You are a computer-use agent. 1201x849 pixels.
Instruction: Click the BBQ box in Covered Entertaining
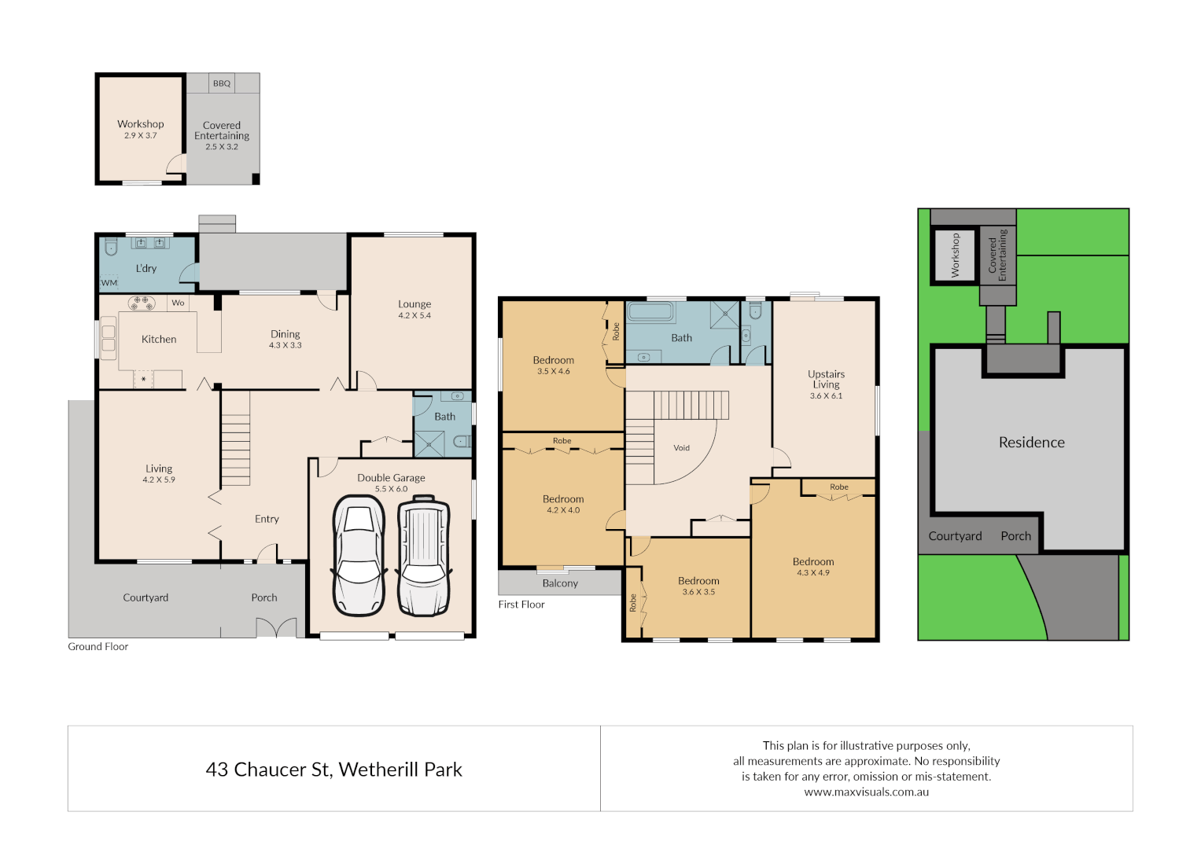click(222, 83)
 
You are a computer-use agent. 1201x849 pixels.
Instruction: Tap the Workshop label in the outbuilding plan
click(141, 124)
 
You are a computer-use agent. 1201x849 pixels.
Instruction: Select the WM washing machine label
click(109, 283)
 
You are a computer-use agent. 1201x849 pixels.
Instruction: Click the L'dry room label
click(146, 269)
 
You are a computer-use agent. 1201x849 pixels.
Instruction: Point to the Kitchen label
click(159, 340)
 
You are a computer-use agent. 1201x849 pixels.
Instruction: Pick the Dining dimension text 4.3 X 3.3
click(286, 345)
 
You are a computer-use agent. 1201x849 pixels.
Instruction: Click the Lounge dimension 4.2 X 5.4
click(414, 315)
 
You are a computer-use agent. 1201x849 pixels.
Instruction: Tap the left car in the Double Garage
click(359, 556)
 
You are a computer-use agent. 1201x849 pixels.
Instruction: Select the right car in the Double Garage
click(423, 556)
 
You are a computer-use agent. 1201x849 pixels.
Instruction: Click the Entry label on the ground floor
click(267, 519)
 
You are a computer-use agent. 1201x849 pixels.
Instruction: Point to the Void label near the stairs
click(681, 448)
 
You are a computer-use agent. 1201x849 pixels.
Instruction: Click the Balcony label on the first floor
click(560, 583)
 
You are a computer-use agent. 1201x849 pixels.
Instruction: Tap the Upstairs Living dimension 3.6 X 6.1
click(826, 396)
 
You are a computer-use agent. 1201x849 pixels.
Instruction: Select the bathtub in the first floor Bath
click(651, 312)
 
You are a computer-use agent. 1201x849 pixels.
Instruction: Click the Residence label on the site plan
click(1031, 443)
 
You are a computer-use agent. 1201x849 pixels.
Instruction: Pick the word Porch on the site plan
click(1015, 536)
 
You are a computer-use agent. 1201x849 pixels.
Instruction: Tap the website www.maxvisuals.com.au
click(866, 792)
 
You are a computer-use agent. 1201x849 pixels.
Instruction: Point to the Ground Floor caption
click(98, 647)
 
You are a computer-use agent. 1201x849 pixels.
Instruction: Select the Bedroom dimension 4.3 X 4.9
click(813, 573)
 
